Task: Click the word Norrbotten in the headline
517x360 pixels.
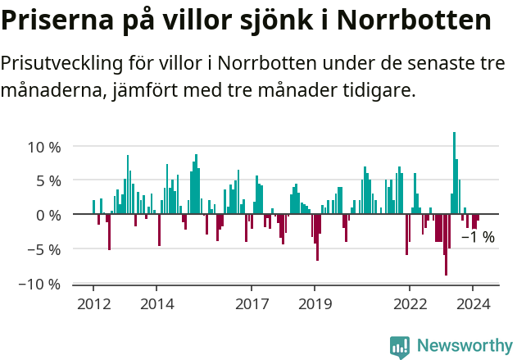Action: coord(416,21)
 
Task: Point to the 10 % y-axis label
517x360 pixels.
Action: coord(44,148)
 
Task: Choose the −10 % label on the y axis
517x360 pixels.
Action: coord(41,285)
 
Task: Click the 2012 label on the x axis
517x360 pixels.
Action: coord(93,303)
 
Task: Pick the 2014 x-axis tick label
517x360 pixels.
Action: coord(156,303)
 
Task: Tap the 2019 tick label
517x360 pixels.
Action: coord(315,303)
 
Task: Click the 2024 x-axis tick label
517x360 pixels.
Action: coord(473,303)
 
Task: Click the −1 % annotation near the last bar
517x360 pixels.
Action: coord(478,238)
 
